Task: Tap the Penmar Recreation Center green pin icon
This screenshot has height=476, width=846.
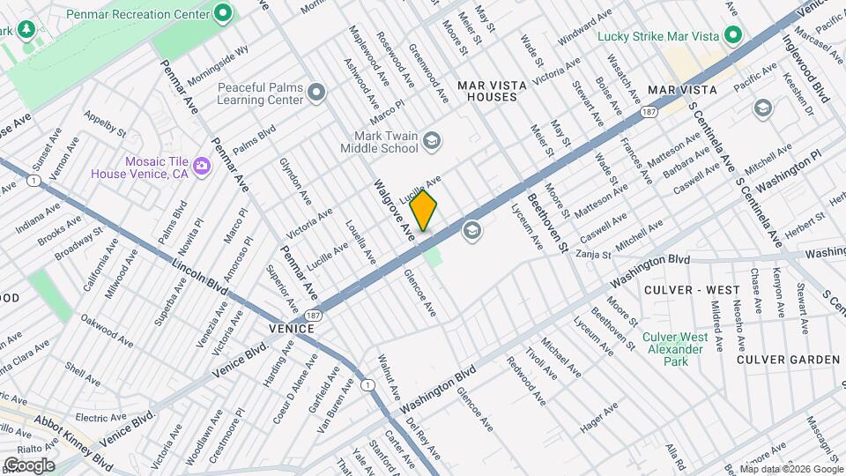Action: click(x=223, y=14)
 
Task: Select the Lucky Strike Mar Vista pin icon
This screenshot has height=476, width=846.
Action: click(x=731, y=36)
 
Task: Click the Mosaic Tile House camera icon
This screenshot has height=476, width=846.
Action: click(x=202, y=165)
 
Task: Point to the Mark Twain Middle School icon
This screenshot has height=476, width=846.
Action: click(x=432, y=140)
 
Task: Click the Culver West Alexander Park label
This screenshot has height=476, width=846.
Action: click(x=675, y=349)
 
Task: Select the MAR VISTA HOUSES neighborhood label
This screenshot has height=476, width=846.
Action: click(x=492, y=91)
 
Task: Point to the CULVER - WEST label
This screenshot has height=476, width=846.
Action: click(x=692, y=290)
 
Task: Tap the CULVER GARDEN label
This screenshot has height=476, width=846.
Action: click(x=788, y=360)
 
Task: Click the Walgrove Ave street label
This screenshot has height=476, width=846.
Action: click(x=394, y=212)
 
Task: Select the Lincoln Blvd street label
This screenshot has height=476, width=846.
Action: click(x=200, y=269)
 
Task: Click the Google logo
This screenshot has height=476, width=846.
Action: click(x=29, y=465)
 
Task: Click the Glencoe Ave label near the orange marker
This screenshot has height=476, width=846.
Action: click(x=419, y=292)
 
